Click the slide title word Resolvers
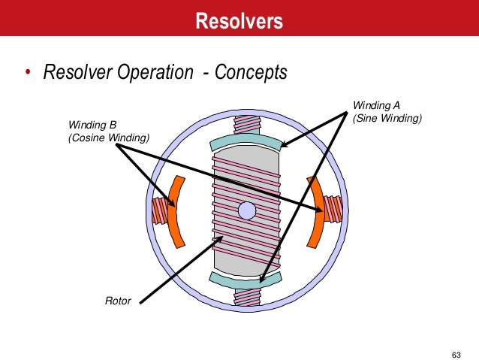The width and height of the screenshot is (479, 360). [239, 20]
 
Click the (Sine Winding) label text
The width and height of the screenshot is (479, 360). [387, 118]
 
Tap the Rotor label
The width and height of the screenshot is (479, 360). [118, 301]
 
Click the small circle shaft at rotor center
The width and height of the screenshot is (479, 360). [247, 210]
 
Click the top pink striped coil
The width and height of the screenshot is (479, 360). [247, 126]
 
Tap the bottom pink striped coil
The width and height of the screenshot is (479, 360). [247, 295]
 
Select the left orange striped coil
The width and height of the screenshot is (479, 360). [158, 210]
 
